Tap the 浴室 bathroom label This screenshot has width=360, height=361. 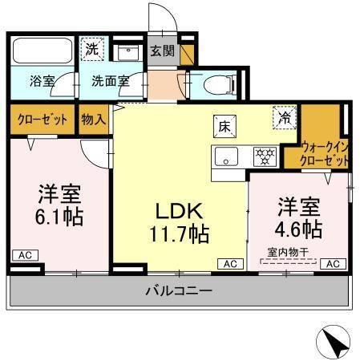(x=41, y=81)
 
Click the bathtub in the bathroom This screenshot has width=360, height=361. (x=43, y=52)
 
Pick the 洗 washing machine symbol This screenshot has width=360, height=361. (x=94, y=48)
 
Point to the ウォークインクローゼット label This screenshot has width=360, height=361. (x=326, y=153)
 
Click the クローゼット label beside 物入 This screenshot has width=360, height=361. (x=42, y=120)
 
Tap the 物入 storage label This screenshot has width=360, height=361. (x=94, y=120)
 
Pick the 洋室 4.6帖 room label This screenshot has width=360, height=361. (x=300, y=217)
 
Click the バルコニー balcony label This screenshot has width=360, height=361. (x=179, y=290)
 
